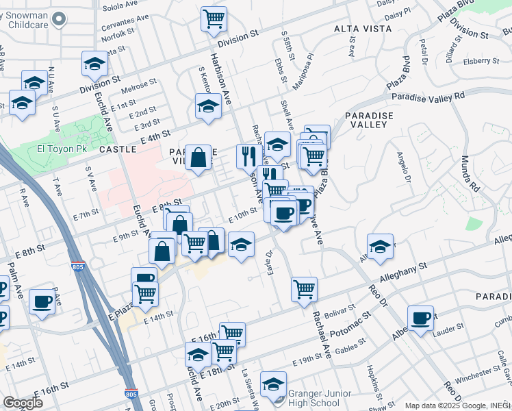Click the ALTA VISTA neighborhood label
[x=361, y=29]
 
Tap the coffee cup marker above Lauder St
[x=421, y=317]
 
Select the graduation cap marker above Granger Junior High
[x=273, y=384]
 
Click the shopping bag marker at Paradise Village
[x=198, y=158]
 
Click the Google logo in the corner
[x=23, y=403]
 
